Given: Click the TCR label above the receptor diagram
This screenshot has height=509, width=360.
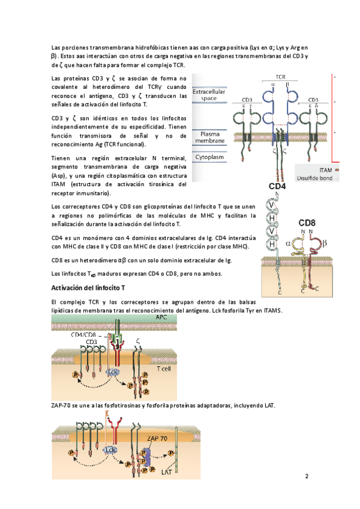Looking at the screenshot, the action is click(x=280, y=77).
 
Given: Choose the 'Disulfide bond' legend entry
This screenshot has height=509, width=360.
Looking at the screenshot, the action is click(x=314, y=178).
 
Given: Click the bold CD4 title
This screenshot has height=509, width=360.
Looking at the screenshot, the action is click(x=277, y=187).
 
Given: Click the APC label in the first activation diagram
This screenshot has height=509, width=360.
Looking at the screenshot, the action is click(x=161, y=317).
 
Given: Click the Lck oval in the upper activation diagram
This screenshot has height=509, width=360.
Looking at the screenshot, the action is click(x=112, y=372).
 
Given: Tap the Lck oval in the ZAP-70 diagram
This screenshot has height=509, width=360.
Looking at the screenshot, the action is click(x=110, y=449).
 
